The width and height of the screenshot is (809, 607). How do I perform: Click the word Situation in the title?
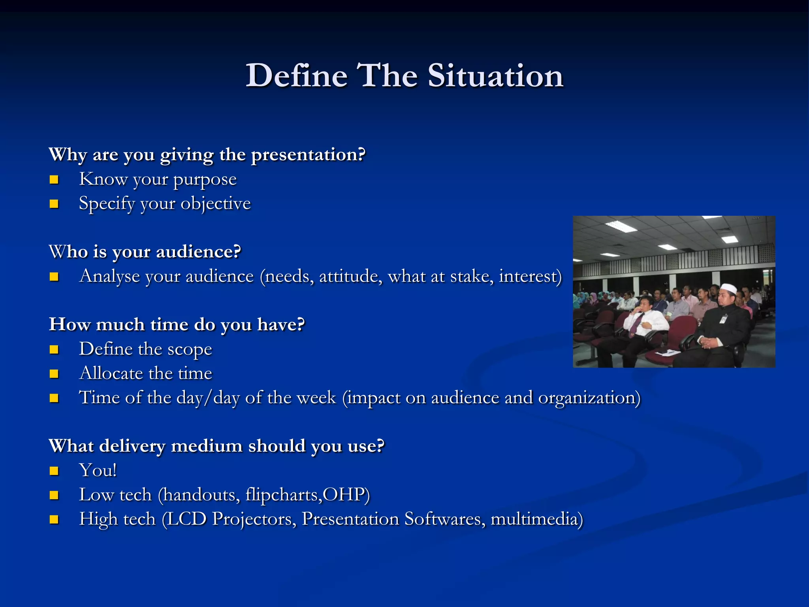[495, 75]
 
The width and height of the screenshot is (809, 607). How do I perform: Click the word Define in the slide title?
[296, 75]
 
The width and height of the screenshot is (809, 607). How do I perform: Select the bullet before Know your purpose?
[54, 180]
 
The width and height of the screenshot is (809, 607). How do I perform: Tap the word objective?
[216, 204]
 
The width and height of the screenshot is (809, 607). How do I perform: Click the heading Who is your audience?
[145, 252]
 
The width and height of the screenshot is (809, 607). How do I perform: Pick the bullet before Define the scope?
[54, 350]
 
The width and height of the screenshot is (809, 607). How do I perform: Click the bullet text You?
[98, 471]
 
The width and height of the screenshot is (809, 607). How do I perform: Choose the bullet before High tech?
[54, 520]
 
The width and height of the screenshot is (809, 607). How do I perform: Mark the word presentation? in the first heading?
[309, 155]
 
